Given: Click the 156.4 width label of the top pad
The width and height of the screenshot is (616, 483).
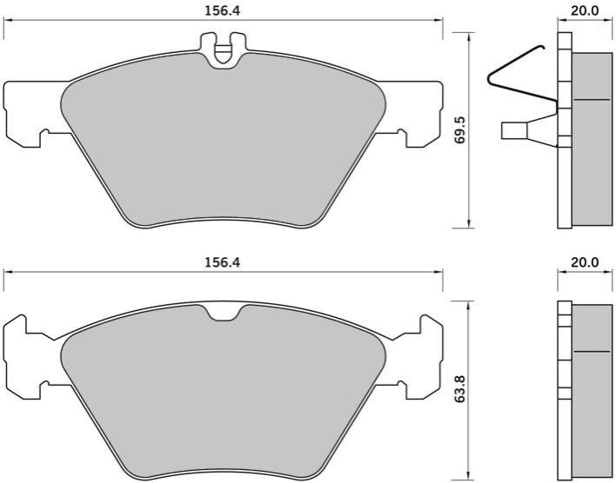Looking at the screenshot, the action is [223, 10].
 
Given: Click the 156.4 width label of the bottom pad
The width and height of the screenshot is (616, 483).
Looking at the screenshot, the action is [223, 262].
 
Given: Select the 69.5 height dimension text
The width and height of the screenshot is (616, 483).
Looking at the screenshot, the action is [460, 129].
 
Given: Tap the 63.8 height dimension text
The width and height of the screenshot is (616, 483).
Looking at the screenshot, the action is [460, 388].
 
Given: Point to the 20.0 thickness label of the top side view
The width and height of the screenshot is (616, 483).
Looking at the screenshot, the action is [585, 10].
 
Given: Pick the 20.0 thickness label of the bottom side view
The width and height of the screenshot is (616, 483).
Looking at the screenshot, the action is [585, 262].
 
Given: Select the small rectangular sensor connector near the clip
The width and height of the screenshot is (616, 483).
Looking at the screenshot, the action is [514, 130].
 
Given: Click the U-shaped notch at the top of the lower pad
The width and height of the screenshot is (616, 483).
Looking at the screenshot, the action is [224, 313].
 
